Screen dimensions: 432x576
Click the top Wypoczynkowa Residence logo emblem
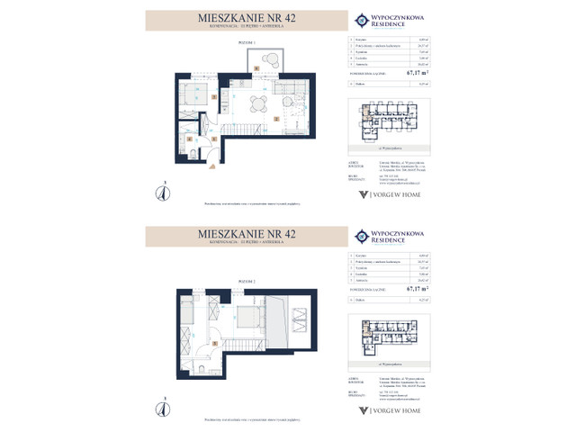click(361, 19)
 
